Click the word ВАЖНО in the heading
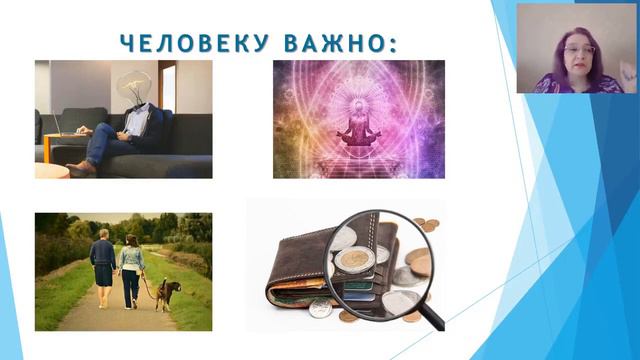(338, 43)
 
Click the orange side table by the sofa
(51, 170)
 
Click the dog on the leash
(169, 292)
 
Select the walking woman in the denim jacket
(132, 267)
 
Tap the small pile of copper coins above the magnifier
(424, 226)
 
